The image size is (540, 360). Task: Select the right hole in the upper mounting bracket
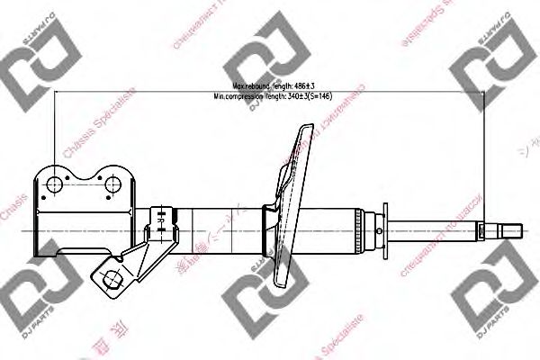112,185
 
